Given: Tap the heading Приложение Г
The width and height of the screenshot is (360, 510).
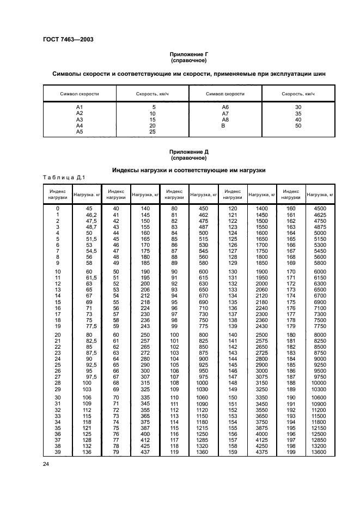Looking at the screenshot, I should click(x=188, y=55).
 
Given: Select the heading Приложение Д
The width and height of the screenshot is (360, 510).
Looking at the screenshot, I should click(x=188, y=152).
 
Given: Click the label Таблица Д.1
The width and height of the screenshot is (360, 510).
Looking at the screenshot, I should click(x=63, y=177).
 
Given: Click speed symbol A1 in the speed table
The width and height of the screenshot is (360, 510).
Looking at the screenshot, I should click(x=79, y=107).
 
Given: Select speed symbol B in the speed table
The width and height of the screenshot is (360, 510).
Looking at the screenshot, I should click(x=223, y=125).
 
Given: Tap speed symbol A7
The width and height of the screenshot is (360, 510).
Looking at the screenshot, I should click(x=225, y=113).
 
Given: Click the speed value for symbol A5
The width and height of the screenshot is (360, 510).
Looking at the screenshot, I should click(x=152, y=132).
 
